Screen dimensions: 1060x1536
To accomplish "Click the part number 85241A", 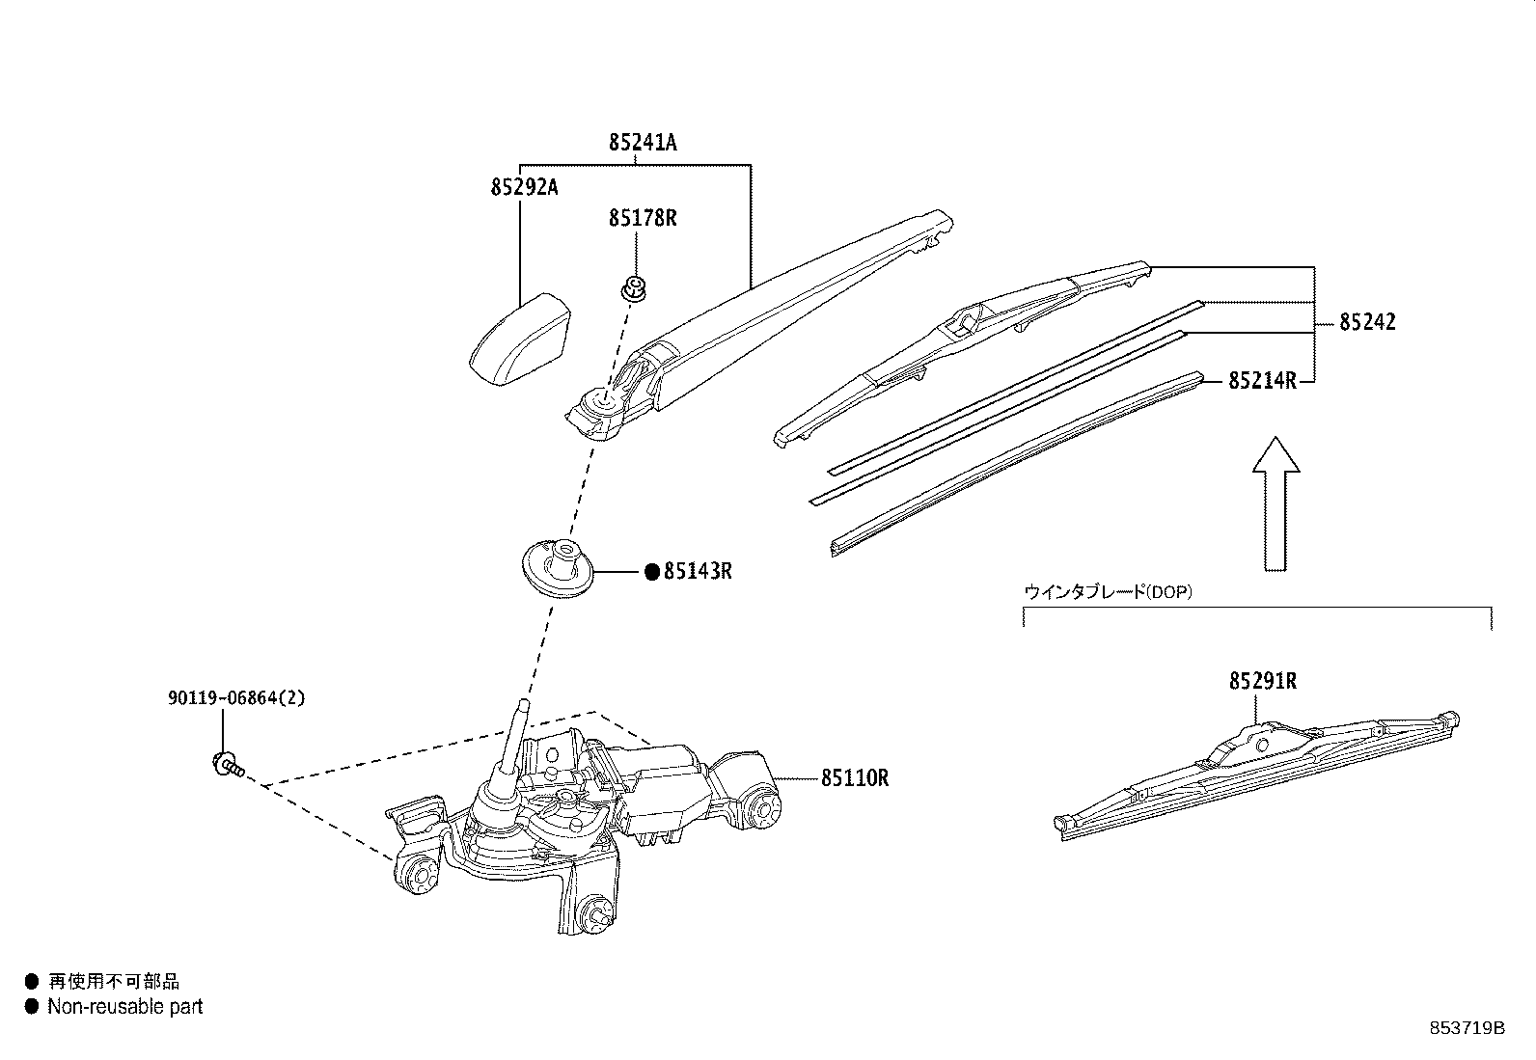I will point(643,144).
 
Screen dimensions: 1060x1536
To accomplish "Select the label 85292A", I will point(524,187).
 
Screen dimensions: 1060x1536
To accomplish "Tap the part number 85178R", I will point(643,219).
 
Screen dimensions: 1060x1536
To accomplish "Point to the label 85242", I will point(1366,322).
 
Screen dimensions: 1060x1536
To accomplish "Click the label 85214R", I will point(1262,381).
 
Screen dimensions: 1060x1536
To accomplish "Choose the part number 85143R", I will point(698,572).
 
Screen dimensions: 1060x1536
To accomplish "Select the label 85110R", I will point(855,777).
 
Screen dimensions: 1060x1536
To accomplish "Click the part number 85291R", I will point(1262,682).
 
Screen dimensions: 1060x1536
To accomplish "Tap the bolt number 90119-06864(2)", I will point(236,697).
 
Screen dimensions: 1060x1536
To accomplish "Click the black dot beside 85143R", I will point(651,573).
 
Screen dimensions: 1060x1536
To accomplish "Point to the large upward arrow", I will point(1275,502).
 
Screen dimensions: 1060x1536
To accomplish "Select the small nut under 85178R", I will point(634,286).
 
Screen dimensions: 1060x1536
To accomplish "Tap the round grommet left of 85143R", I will point(558,569).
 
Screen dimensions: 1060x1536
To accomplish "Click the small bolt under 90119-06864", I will point(227,765).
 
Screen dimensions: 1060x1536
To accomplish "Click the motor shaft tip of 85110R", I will point(522,708).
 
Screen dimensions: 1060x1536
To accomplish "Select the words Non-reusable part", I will point(125,1007).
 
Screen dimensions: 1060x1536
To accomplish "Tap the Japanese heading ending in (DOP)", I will point(1108,592).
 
